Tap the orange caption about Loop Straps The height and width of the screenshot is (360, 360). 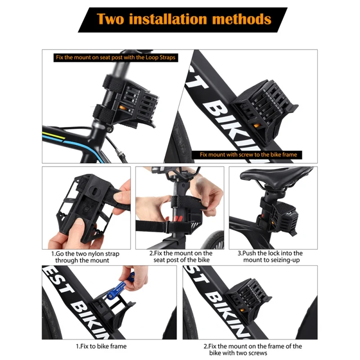click(x=115, y=58)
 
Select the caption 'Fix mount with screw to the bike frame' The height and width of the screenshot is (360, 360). click(x=248, y=154)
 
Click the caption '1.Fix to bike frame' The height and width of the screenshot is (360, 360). click(x=101, y=346)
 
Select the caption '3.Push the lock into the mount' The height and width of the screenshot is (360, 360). click(x=270, y=256)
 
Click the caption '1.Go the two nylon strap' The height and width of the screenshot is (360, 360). click(x=85, y=256)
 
